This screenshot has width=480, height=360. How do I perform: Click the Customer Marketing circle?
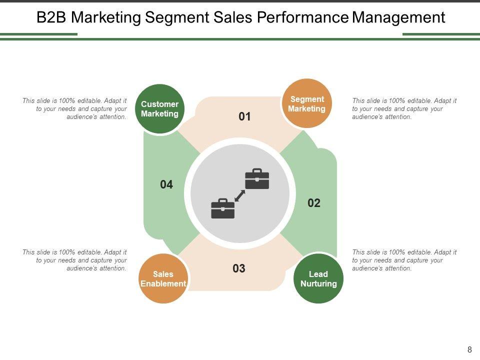pyautogui.click(x=159, y=109)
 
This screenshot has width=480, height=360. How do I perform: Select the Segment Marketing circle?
pyautogui.click(x=306, y=103)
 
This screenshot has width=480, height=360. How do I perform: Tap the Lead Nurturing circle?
pyautogui.click(x=318, y=278)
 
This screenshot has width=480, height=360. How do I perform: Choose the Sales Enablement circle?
pyautogui.click(x=163, y=278)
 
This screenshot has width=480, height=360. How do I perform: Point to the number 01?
pyautogui.click(x=244, y=117)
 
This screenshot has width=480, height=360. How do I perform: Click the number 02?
pyautogui.click(x=313, y=203)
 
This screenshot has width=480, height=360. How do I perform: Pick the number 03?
pyautogui.click(x=239, y=268)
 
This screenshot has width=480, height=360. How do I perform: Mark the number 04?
pyautogui.click(x=166, y=185)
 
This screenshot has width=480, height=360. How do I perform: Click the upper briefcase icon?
pyautogui.click(x=257, y=179)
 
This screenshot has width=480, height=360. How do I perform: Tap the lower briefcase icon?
pyautogui.click(x=223, y=208)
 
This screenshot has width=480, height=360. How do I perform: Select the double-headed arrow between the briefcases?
pyautogui.click(x=240, y=195)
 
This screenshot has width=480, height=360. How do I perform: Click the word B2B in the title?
pyautogui.click(x=52, y=18)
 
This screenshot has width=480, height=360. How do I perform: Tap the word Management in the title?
pyautogui.click(x=398, y=18)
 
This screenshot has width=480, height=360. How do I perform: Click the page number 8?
pyautogui.click(x=469, y=350)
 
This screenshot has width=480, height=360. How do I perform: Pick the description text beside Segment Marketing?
pyautogui.click(x=404, y=108)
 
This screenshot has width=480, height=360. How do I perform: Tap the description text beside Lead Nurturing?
pyautogui.click(x=404, y=260)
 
